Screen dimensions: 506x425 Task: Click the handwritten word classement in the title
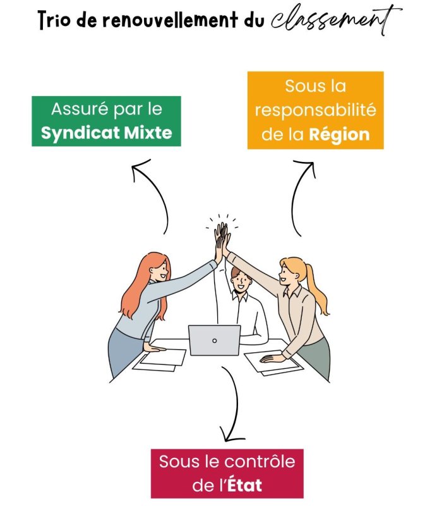tap(335, 19)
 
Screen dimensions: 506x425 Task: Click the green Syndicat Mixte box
tap(106, 121)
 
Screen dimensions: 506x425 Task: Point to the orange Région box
tap(315, 110)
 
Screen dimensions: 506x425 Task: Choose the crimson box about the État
tap(227, 473)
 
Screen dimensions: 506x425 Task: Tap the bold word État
tap(244, 486)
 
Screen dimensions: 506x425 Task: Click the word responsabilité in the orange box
tap(315, 110)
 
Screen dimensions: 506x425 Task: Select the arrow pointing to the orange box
tap(299, 196)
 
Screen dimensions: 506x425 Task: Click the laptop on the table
tap(214, 340)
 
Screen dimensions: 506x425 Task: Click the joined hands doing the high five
tap(221, 237)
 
